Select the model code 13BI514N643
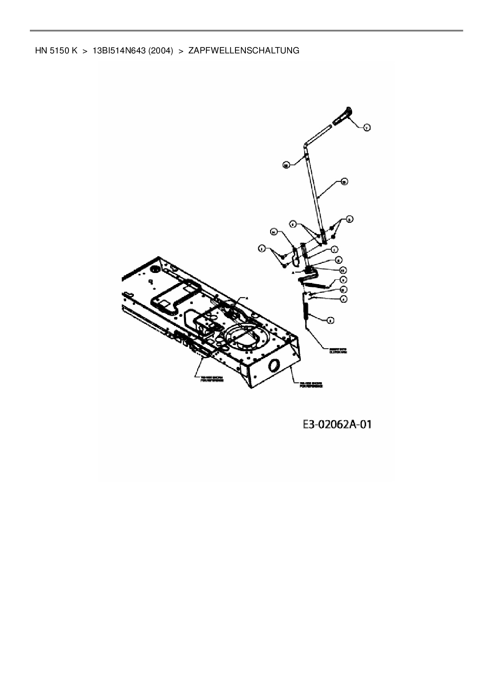tap(118, 51)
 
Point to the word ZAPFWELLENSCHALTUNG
tap(244, 51)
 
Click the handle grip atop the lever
tap(343, 116)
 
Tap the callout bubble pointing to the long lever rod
tap(344, 181)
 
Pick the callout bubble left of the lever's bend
tap(285, 165)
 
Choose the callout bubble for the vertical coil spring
tap(330, 320)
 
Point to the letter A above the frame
tap(247, 298)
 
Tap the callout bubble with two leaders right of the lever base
tap(349, 219)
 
